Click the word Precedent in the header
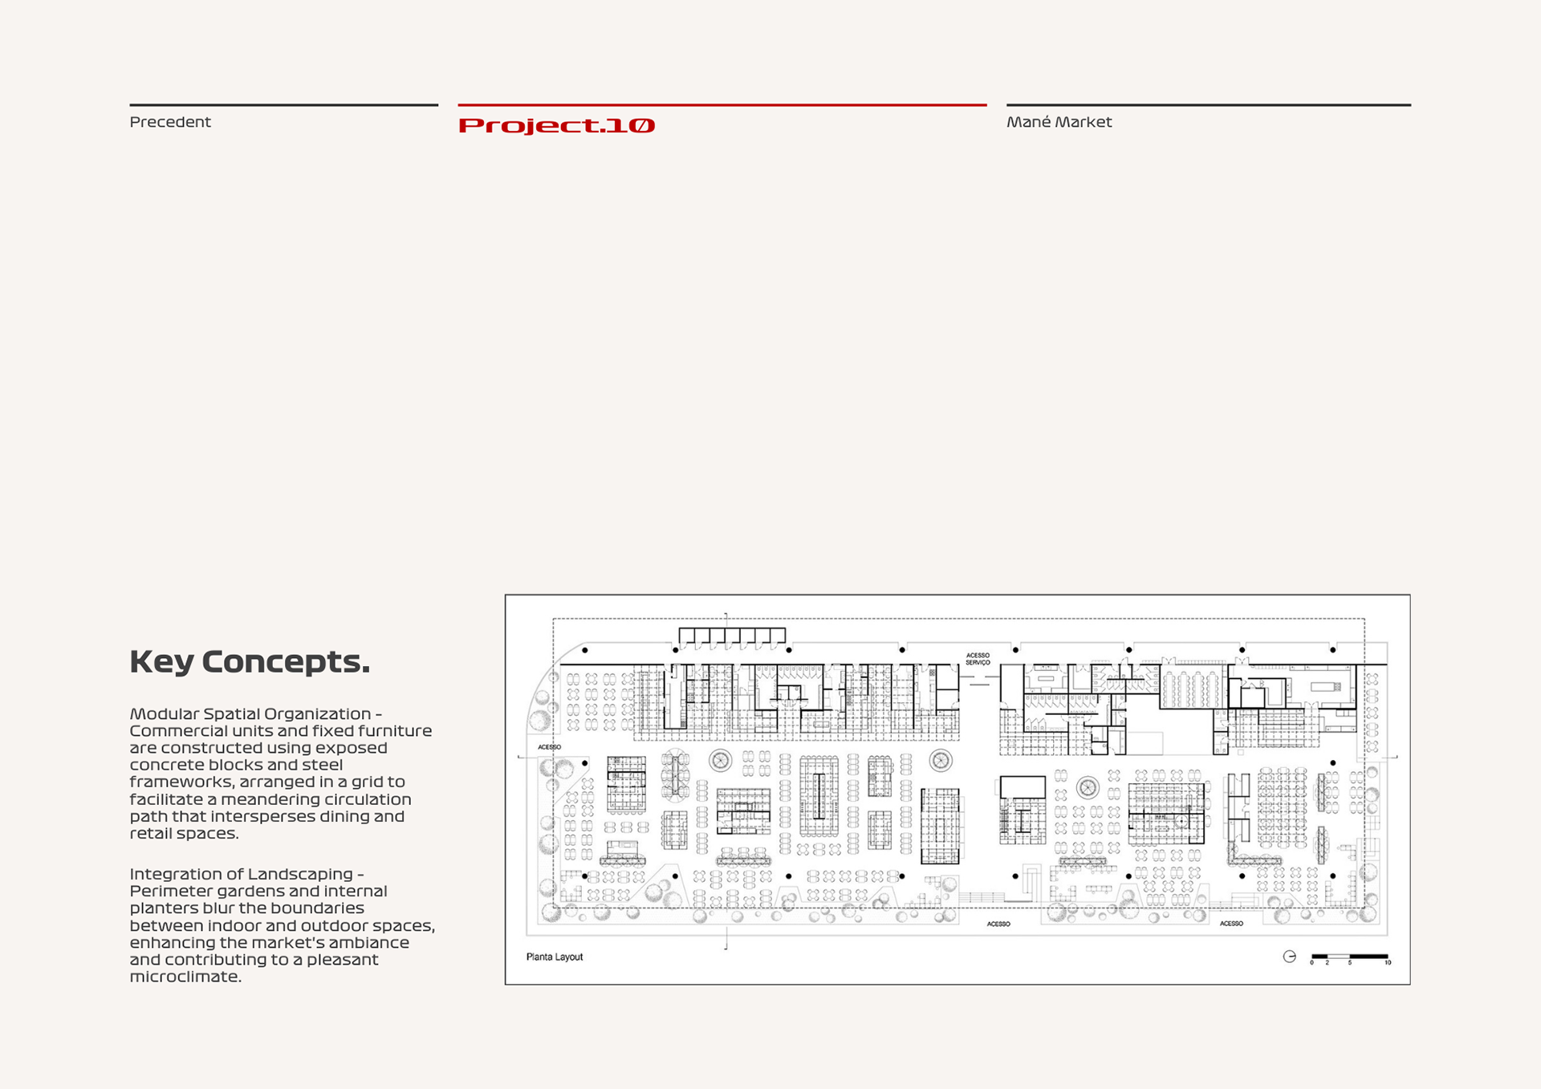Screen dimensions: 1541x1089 (x=170, y=122)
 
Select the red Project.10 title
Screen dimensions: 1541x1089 (x=556, y=125)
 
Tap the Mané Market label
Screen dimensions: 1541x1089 (x=1059, y=122)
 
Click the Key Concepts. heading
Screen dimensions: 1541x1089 (x=250, y=662)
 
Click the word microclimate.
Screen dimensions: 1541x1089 (x=185, y=977)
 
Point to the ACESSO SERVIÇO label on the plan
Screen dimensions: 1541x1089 (x=978, y=659)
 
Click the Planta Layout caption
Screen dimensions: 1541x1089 (x=555, y=957)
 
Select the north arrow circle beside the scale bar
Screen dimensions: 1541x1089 (x=1289, y=956)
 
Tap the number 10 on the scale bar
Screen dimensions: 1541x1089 (x=1388, y=963)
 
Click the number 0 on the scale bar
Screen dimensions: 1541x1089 (x=1311, y=963)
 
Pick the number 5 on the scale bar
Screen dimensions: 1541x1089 (x=1350, y=963)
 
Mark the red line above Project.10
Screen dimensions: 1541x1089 (x=722, y=104)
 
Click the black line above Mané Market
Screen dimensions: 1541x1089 (x=1208, y=104)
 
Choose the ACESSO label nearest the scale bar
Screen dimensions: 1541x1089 (x=1231, y=924)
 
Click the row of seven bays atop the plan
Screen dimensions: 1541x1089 (x=732, y=637)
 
